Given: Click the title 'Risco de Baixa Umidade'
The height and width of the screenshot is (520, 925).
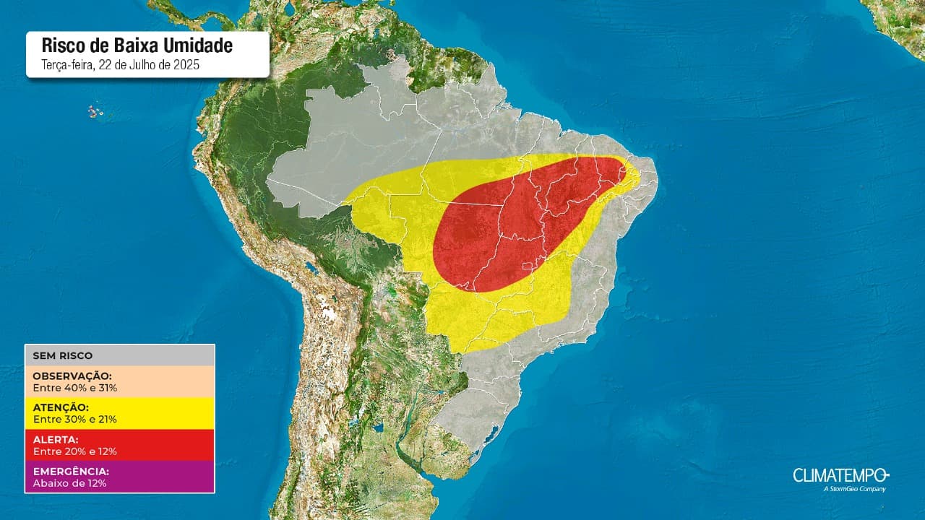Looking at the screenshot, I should [x=137, y=45].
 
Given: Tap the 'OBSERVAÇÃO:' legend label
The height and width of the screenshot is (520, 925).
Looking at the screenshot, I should [x=72, y=376].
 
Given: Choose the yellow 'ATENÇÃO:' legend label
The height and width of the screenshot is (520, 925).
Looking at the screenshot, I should [x=61, y=407].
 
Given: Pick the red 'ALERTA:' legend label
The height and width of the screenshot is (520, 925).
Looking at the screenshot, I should [x=56, y=439].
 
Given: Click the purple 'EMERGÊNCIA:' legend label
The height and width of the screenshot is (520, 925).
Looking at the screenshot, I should [x=71, y=471].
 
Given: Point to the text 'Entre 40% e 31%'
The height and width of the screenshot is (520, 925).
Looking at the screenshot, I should [x=75, y=388].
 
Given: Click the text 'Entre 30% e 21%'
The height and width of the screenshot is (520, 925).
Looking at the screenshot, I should [x=75, y=419].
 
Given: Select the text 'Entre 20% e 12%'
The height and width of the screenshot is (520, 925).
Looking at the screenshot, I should [x=75, y=451].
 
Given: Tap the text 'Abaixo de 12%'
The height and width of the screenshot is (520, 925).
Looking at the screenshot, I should [x=69, y=482].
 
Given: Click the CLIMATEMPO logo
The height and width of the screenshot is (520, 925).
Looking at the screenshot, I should [x=840, y=474].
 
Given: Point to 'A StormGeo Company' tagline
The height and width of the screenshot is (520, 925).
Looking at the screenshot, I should [x=854, y=489].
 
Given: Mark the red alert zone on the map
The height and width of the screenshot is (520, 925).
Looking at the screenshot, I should [x=520, y=224].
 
